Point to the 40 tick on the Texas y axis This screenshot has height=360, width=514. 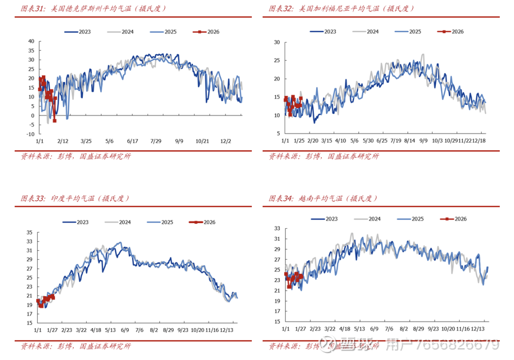31,41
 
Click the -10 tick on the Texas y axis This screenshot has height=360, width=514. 30,134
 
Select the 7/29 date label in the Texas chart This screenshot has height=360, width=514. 156,141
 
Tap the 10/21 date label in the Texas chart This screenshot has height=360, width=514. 202,141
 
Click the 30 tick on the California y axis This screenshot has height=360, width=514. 276,42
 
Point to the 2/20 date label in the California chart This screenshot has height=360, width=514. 313,141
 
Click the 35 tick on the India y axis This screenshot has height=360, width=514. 29,233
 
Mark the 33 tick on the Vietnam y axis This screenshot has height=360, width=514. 277,229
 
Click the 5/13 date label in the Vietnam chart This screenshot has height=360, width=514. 359,329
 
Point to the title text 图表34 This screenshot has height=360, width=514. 280,198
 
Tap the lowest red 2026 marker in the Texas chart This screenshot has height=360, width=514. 54,121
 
